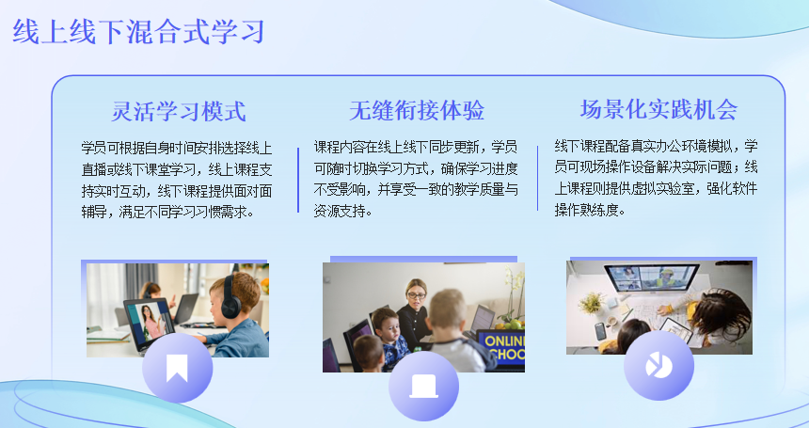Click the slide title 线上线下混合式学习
(138, 32)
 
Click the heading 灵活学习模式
(179, 111)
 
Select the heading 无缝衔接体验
(417, 110)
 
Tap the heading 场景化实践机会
(658, 109)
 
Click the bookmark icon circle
(177, 368)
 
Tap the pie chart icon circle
(658, 366)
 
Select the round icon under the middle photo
(423, 387)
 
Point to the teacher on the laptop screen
(151, 320)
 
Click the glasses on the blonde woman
(416, 295)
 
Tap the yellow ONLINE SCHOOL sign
(501, 347)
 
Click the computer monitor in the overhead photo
(651, 279)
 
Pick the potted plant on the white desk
(592, 303)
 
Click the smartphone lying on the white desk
(600, 330)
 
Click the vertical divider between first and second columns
(298, 180)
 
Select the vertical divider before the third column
(537, 178)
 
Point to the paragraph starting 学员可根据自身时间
(177, 180)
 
